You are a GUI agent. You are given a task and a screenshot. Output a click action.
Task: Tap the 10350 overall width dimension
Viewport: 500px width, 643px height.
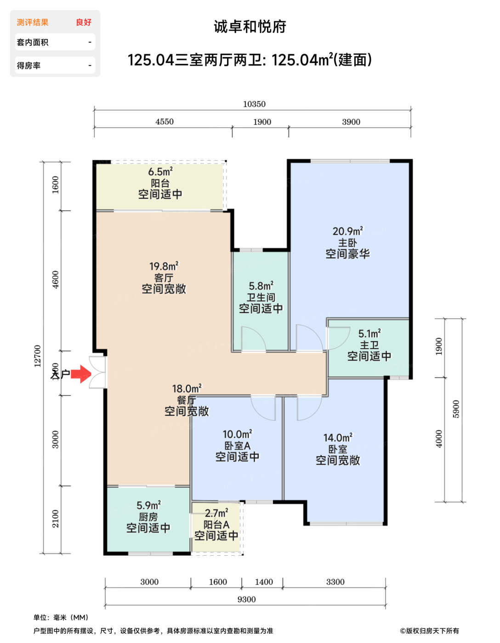click(254, 104)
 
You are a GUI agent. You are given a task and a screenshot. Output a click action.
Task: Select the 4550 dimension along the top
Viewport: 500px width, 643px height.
click(165, 122)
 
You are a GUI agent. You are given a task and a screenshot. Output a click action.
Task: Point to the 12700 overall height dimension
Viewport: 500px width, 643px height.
click(38, 356)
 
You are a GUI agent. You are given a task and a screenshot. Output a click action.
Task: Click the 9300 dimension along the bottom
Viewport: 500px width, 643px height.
click(247, 599)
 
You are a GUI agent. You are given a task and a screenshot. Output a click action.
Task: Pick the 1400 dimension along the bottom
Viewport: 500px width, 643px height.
click(264, 582)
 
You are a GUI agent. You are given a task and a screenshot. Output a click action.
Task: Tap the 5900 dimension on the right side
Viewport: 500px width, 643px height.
click(456, 409)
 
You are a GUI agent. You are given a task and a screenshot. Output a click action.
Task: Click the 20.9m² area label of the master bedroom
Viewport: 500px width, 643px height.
click(347, 231)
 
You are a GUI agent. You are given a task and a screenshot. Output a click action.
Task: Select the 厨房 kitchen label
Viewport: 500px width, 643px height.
click(148, 517)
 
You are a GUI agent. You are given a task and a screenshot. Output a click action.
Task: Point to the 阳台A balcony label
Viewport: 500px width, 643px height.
click(216, 525)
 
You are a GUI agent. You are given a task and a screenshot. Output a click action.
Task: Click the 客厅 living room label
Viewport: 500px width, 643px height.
click(164, 277)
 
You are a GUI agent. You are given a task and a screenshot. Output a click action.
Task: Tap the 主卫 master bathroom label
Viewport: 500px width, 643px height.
click(369, 345)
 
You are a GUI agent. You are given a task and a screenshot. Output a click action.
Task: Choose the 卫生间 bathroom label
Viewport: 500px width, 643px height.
click(261, 297)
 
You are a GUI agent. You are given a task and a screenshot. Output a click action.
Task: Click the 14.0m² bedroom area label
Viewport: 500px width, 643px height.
click(338, 438)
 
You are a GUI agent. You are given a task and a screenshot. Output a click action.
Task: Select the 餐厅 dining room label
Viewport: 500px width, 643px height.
click(187, 400)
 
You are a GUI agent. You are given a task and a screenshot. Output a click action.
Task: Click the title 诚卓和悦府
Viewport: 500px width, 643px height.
click(250, 27)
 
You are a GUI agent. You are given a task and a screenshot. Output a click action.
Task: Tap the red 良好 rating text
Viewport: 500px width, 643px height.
click(84, 22)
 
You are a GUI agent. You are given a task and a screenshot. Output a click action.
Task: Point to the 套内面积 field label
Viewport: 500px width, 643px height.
click(33, 42)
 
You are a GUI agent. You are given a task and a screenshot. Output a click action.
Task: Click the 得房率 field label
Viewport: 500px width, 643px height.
click(28, 66)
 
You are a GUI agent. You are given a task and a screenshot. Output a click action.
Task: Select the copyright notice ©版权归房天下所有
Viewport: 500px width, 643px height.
click(429, 631)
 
